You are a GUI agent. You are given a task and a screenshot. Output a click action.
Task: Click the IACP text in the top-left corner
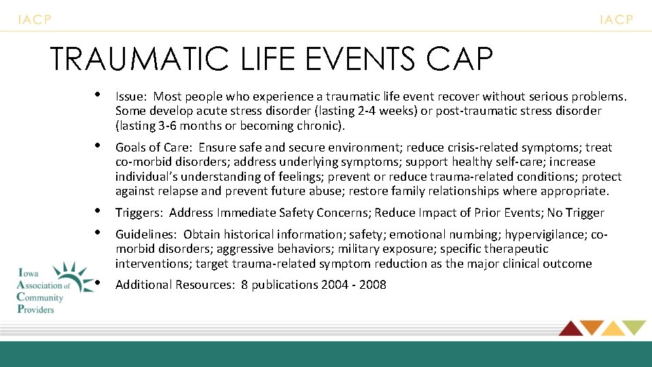coord(35,20)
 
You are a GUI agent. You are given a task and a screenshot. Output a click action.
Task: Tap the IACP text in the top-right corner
coord(616,20)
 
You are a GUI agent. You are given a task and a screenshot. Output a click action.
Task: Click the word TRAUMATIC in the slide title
coord(139,59)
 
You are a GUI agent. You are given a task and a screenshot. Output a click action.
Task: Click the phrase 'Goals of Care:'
coord(154,147)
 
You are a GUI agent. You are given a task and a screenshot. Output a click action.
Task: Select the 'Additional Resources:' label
coord(175,285)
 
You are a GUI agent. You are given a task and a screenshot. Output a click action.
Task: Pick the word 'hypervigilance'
coord(547,234)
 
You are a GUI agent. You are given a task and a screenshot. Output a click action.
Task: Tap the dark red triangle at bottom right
coord(570,328)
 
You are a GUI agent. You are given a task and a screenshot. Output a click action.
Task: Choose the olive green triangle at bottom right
coord(634,327)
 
